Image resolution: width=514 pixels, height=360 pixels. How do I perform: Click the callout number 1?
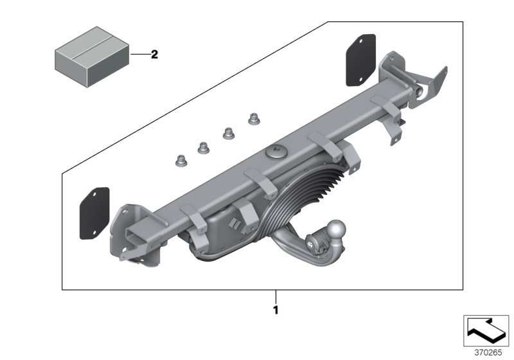(276, 310)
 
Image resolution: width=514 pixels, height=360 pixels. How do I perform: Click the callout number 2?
(154, 55)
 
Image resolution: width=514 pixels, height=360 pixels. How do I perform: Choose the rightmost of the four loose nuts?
(253, 119)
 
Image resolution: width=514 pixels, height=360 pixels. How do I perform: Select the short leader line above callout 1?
(276, 296)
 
